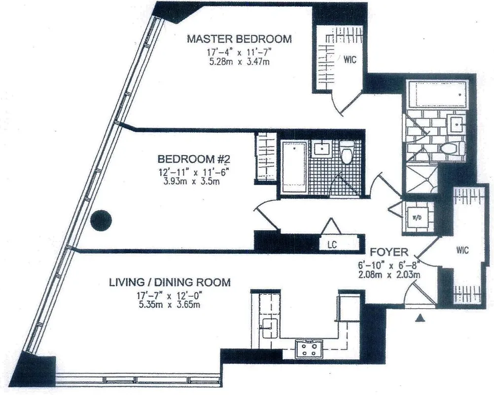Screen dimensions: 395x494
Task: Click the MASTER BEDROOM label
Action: [x=239, y=39]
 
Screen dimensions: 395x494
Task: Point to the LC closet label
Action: [x=331, y=244]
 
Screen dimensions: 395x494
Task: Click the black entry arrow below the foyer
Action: [x=420, y=320]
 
